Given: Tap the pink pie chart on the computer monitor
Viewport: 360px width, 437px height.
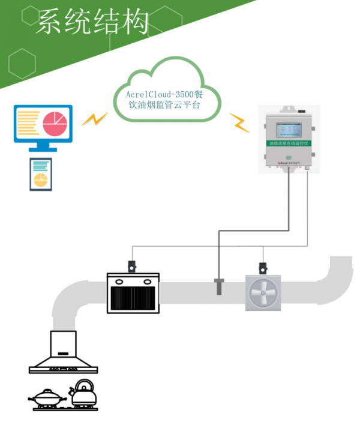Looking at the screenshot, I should click(x=55, y=122).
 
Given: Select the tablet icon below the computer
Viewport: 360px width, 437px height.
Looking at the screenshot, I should click(x=41, y=175).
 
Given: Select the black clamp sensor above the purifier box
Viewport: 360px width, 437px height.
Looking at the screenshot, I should click(x=131, y=265).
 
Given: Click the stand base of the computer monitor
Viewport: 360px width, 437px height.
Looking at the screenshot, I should click(x=43, y=149).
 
